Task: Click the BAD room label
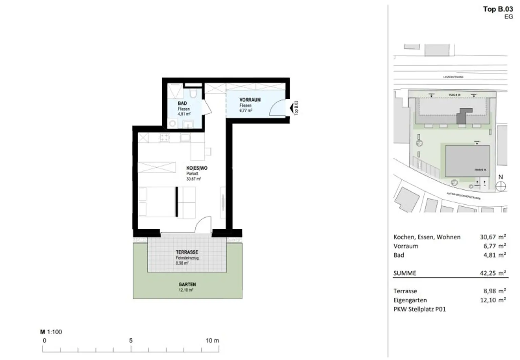[182, 103]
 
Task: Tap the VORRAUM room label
[250, 100]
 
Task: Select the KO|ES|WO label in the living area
[197, 168]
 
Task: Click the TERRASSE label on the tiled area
[187, 252]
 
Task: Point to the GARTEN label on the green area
[187, 285]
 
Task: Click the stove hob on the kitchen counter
[165, 137]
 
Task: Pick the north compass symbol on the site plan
[500, 186]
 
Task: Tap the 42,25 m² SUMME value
[493, 273]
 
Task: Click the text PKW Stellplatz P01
[419, 309]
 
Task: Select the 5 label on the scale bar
[131, 340]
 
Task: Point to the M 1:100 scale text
[51, 332]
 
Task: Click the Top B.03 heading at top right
[498, 9]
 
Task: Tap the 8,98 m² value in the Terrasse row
[494, 291]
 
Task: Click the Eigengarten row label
[410, 300]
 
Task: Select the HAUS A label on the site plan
[480, 170]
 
